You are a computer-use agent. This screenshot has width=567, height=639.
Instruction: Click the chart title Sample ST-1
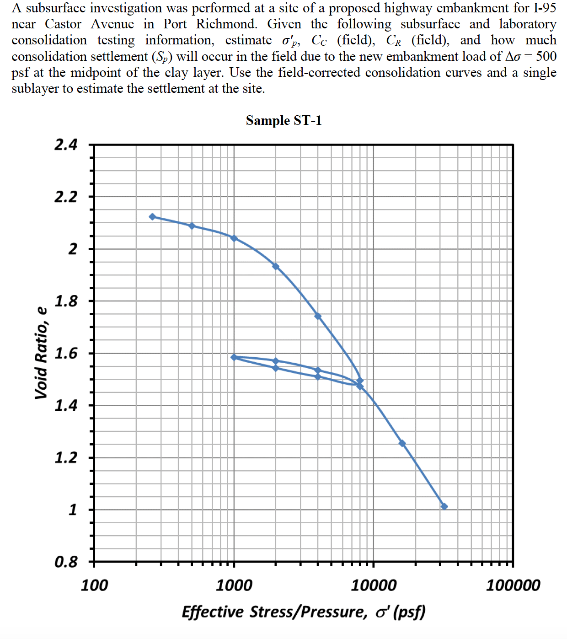(x=283, y=120)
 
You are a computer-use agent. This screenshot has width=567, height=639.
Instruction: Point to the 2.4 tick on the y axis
(x=66, y=145)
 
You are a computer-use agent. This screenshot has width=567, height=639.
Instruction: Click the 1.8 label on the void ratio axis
(x=66, y=301)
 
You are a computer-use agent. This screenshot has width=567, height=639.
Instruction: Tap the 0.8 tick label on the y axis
(x=66, y=562)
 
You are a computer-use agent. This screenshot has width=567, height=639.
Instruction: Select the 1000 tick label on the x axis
(x=234, y=585)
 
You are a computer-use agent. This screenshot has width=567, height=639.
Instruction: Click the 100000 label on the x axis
(x=513, y=585)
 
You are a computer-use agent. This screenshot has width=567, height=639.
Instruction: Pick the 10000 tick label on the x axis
(x=374, y=585)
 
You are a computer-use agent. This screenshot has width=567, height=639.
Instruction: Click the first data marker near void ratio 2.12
(x=152, y=217)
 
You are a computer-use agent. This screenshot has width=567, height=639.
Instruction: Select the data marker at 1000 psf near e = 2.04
(x=234, y=238)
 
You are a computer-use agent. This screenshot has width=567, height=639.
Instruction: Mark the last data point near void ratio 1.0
(x=444, y=506)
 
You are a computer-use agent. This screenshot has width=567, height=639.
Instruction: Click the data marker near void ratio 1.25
(x=402, y=443)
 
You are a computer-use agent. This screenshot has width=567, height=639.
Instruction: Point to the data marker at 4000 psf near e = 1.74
(x=318, y=316)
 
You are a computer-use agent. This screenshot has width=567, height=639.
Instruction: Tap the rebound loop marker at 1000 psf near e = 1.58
(x=234, y=357)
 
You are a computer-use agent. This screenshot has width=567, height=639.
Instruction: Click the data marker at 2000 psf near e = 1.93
(x=275, y=266)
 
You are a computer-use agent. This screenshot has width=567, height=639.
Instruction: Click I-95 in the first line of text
(x=545, y=8)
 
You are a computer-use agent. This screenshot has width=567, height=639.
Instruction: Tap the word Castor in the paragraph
(x=63, y=24)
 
